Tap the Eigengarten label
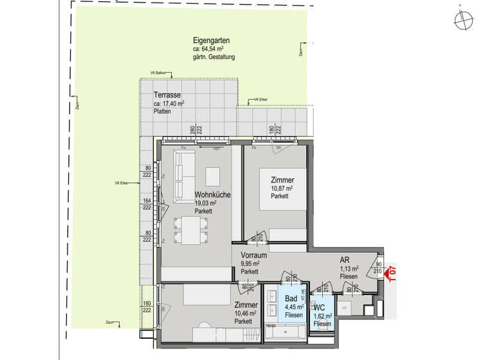(212, 40)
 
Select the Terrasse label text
(167, 95)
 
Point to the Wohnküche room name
(212, 194)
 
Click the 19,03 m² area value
(205, 203)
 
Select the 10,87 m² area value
(282, 188)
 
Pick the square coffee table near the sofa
(213, 175)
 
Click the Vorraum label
(254, 255)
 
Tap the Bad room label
(291, 300)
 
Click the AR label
(345, 260)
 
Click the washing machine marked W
(344, 307)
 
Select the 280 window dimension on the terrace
(192, 129)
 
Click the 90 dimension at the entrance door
(378, 264)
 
